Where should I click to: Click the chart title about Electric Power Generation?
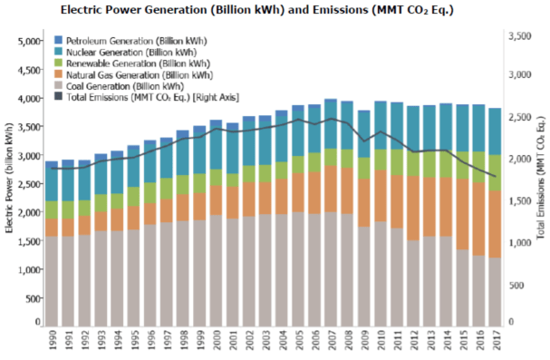coord(275,10)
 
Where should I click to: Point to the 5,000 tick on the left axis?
coord(30,42)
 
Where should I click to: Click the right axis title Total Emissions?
coord(542,181)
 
